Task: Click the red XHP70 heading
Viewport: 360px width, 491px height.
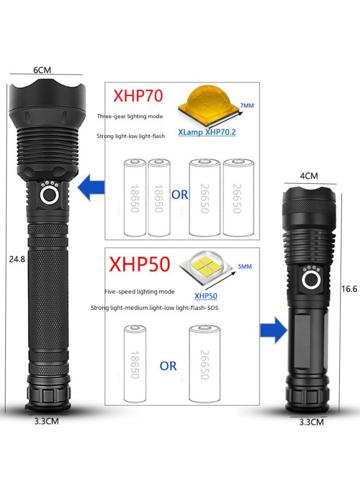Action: tap(138, 96)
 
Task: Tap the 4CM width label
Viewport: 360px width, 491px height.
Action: tap(309, 176)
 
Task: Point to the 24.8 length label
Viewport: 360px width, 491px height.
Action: tap(17, 260)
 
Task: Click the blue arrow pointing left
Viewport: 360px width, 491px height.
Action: tap(92, 188)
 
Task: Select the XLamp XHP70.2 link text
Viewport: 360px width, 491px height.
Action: tap(207, 132)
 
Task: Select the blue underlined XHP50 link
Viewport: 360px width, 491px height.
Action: tap(206, 296)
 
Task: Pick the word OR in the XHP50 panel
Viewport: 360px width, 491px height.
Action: tap(168, 366)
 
